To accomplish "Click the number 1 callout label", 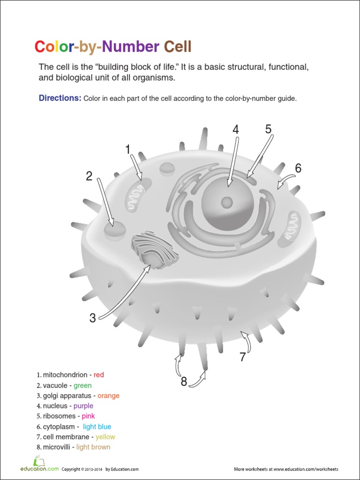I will point(127,150).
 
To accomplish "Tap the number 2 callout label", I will point(89,177).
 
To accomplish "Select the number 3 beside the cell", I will point(93,318).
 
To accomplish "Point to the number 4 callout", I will point(236,130).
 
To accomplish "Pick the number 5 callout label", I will point(268,129).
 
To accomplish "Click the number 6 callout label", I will point(298,169).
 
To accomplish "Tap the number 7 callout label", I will point(242,357).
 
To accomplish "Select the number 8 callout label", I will point(184,382).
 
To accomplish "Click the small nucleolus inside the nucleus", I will point(227,202).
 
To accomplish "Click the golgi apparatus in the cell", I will point(155,251).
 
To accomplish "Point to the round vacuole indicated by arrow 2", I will point(114,230).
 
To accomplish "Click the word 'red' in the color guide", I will point(99,375).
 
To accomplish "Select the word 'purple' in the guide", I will point(83,406).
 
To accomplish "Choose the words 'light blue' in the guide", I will point(97,427).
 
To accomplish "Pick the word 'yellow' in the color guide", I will point(105,437).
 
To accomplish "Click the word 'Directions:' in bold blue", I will point(60,98).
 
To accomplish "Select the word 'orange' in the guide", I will point(108,396).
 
